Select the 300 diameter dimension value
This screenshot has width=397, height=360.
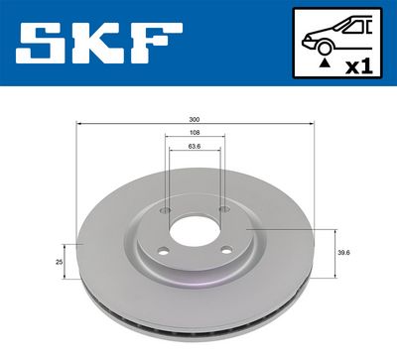(197, 120)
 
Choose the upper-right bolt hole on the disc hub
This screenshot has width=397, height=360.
(223, 210)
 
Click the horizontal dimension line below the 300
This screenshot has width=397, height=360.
(197, 126)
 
